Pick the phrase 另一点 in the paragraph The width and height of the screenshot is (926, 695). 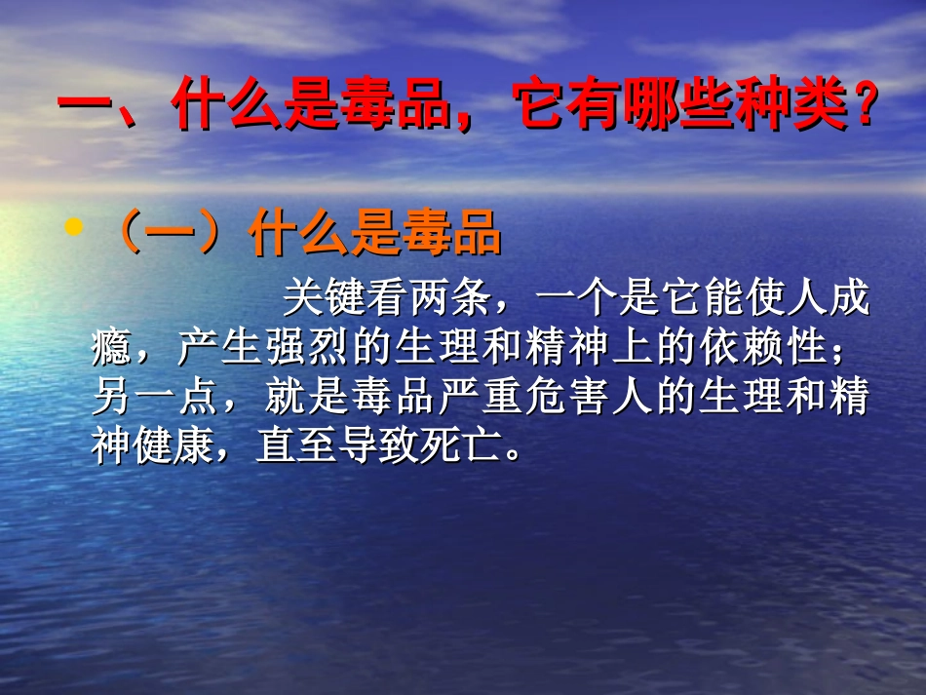(153, 399)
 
